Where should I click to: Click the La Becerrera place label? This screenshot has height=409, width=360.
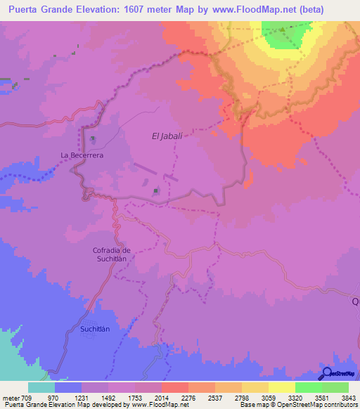(x=82, y=155)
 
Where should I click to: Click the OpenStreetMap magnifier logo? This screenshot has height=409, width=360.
(x=326, y=374)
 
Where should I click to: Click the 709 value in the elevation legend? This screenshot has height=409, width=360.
(x=27, y=398)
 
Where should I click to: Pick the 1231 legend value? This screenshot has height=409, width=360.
(x=82, y=398)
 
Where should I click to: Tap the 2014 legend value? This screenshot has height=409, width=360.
(x=162, y=398)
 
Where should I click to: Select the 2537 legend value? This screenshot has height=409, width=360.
(x=215, y=398)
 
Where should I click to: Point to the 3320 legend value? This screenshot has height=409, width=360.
(x=295, y=398)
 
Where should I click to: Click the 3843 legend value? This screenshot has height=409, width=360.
(x=349, y=398)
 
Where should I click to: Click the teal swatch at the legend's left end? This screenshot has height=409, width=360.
(x=41, y=387)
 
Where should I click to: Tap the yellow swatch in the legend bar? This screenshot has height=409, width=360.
(x=282, y=387)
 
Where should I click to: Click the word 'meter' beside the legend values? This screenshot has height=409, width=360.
(x=11, y=398)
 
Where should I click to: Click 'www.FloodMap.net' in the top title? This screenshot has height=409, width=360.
(x=267, y=11)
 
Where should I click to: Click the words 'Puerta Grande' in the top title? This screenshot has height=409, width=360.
(x=41, y=11)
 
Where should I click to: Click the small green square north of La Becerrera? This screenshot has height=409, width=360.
(x=93, y=139)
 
